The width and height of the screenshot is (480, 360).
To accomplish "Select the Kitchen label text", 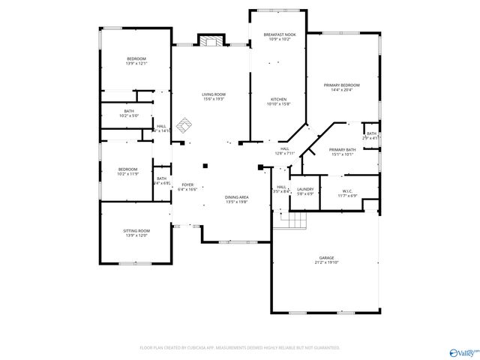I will [279, 101].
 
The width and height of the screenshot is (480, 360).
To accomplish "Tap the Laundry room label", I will [304, 190].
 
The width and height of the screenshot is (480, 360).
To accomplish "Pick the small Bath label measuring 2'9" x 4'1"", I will [371, 135].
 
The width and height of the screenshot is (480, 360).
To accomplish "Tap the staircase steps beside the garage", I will [298, 221].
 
